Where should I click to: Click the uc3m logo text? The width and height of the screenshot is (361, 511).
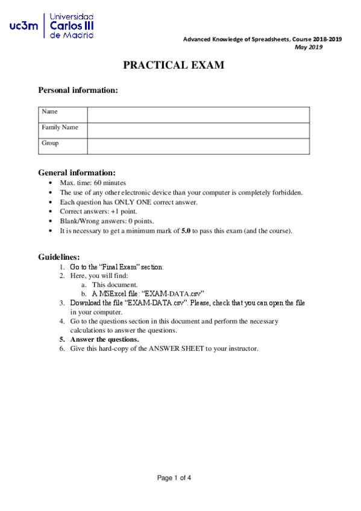click(x=24, y=27)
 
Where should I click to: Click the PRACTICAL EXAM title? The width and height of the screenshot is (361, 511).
click(x=174, y=65)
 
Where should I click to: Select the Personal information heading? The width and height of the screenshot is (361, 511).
click(x=78, y=90)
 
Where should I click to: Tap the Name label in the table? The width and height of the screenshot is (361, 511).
click(x=49, y=111)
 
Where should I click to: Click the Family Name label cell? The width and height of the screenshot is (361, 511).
click(x=60, y=127)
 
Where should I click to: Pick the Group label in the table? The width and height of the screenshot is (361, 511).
click(x=50, y=143)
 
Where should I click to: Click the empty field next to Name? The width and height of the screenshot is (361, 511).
click(x=198, y=114)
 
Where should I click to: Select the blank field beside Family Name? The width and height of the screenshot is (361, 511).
click(x=198, y=130)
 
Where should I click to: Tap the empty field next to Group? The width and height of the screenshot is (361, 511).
click(x=198, y=146)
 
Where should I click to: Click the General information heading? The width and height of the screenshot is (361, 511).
click(x=77, y=172)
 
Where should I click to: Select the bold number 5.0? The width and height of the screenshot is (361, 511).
click(x=186, y=231)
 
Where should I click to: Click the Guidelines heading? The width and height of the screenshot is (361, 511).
click(x=58, y=257)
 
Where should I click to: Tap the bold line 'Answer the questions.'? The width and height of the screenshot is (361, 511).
click(x=104, y=339)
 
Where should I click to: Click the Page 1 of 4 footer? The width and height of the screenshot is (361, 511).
click(x=174, y=478)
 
